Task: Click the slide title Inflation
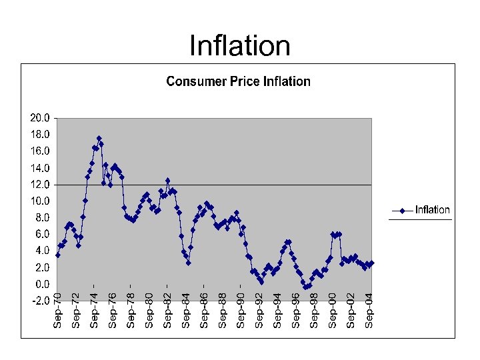point(240,46)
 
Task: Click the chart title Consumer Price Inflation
point(238,81)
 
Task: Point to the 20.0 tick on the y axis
point(39,118)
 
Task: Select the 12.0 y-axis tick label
point(39,185)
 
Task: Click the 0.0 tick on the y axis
point(41,284)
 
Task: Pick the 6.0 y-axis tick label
point(41,234)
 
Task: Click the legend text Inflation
point(433,210)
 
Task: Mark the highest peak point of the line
point(99,138)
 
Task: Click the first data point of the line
point(58,255)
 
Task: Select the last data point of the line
point(371,263)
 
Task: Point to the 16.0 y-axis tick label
point(39,151)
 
